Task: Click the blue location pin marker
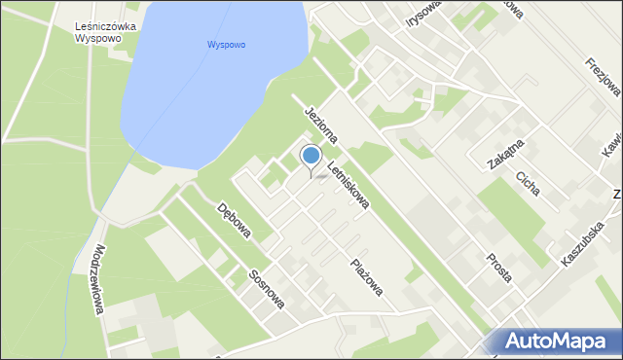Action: [x=311, y=157]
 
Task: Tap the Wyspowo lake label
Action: [x=226, y=45]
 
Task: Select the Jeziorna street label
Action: [x=318, y=126]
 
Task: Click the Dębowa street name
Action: [x=234, y=220]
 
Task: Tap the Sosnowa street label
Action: [x=265, y=288]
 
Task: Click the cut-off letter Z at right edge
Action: [x=617, y=195]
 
